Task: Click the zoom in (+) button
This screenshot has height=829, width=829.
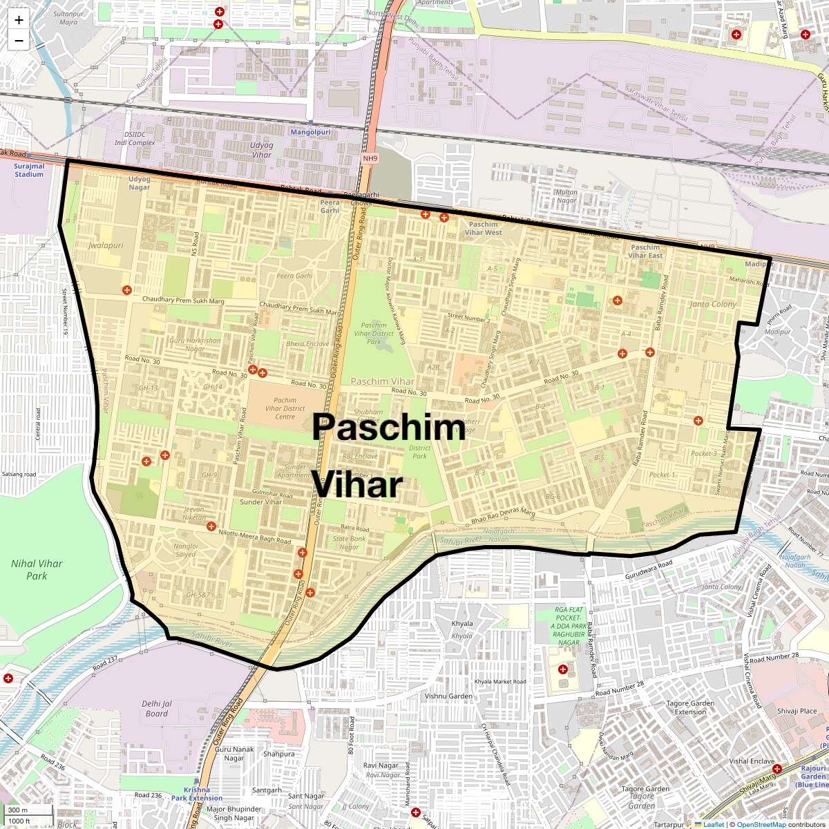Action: (x=19, y=20)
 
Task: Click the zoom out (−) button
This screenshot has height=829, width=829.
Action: (x=19, y=41)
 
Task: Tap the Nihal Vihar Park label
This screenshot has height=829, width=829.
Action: (x=37, y=569)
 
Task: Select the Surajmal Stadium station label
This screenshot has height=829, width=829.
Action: (x=29, y=170)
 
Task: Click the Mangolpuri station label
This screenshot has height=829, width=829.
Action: (x=310, y=131)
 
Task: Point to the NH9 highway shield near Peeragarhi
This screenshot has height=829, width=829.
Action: (x=370, y=158)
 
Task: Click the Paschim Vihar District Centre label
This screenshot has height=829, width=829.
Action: (x=285, y=408)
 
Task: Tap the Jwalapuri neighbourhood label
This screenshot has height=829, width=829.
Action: (x=106, y=245)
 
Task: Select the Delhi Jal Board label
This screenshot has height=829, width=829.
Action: (x=157, y=708)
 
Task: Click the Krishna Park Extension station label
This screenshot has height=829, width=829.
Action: (x=197, y=794)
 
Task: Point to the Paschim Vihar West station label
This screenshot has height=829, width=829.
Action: (x=483, y=228)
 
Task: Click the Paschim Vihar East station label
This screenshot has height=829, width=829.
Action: (x=645, y=251)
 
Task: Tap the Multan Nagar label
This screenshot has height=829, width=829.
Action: (x=566, y=196)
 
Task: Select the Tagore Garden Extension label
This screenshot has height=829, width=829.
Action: (x=690, y=707)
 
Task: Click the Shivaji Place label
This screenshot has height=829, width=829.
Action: (x=797, y=711)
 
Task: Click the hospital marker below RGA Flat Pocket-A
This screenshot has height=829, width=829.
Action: (x=563, y=669)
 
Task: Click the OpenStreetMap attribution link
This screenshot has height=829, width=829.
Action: (x=761, y=824)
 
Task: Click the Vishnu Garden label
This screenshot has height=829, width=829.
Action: (x=448, y=696)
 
